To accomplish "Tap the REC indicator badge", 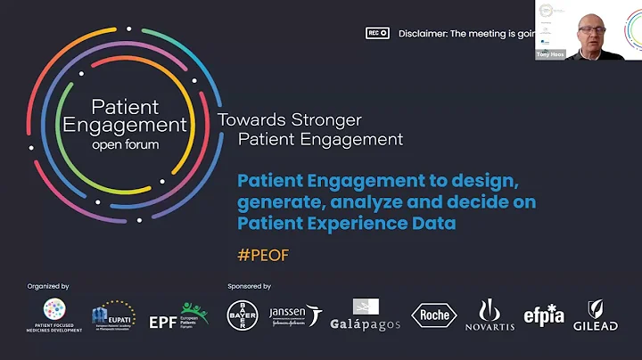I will tap(378, 33).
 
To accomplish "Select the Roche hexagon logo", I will tap(434, 315).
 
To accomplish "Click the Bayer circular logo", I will tap(240, 315).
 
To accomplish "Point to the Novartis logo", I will tap(490, 315).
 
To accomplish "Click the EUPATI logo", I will tap(112, 315).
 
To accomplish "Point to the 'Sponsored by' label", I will tap(249, 286).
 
